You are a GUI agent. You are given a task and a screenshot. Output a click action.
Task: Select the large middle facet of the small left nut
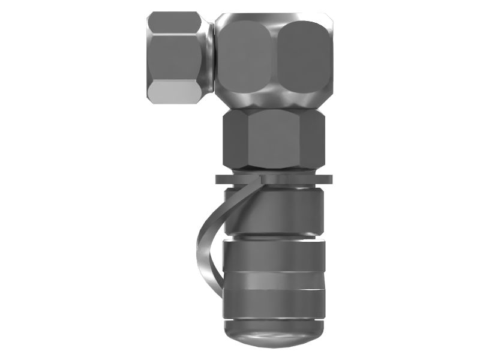coord(174,57)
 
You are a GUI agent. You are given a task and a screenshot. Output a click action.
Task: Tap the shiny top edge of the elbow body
coord(273,17)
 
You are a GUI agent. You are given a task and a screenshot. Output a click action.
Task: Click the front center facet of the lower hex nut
coord(273,139)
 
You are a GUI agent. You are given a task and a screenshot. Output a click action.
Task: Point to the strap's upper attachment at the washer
coord(261,180)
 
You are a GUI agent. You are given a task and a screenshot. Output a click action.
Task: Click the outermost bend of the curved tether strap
coord(199,246)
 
